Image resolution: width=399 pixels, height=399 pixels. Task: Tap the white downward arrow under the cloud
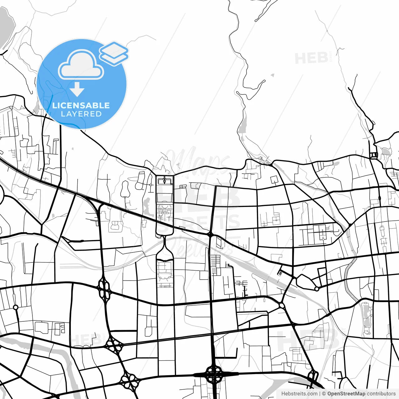click(77, 89)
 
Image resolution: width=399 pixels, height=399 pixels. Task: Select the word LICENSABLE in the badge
click(81, 105)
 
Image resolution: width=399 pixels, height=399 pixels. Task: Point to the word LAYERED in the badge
click(81, 114)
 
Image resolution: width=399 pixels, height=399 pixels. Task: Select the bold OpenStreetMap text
click(346, 394)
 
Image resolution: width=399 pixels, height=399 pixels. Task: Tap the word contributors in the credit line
click(381, 394)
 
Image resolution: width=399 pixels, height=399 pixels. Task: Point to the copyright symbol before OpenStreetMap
click(324, 394)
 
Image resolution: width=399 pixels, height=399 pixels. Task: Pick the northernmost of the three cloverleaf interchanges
click(105, 289)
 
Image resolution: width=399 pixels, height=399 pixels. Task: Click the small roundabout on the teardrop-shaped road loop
click(317, 289)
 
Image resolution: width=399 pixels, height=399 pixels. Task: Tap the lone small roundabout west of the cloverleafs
click(16, 307)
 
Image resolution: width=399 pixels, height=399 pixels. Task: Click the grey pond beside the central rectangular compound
click(147, 204)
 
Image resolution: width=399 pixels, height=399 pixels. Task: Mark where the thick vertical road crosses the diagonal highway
click(210, 233)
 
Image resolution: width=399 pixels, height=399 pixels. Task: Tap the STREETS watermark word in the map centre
click(199, 223)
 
